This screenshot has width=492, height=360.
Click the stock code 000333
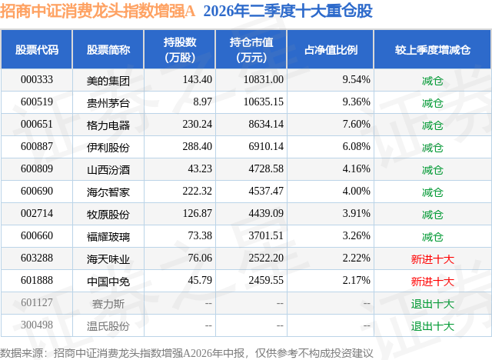pyautogui.click(x=37, y=80)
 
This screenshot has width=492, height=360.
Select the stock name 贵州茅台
pyautogui.click(x=108, y=102)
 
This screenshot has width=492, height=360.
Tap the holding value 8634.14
pyautogui.click(x=266, y=125)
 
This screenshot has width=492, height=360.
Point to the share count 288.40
pyautogui.click(x=198, y=147)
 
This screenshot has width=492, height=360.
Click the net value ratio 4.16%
pyautogui.click(x=356, y=169)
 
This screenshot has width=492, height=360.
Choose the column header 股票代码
pyautogui.click(x=37, y=49)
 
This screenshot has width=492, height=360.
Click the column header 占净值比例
pyautogui.click(x=331, y=49)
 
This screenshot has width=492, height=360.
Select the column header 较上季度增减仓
pyautogui.click(x=433, y=49)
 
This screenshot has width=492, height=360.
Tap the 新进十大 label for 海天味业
pyautogui.click(x=433, y=259)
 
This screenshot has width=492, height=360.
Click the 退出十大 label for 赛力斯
pyautogui.click(x=433, y=304)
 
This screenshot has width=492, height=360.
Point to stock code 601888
pyautogui.click(x=37, y=280)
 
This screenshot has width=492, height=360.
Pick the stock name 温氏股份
pyautogui.click(x=108, y=326)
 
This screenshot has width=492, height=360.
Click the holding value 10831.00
pyautogui.click(x=264, y=80)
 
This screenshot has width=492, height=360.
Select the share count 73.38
pyautogui.click(x=200, y=235)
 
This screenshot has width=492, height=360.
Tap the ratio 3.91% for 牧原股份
pyautogui.click(x=356, y=213)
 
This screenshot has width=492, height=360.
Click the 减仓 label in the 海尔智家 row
pyautogui.click(x=433, y=192)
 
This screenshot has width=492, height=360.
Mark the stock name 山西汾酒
pyautogui.click(x=108, y=170)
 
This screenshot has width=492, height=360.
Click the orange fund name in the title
pyautogui.click(x=98, y=11)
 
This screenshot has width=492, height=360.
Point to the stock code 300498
pyautogui.click(x=37, y=325)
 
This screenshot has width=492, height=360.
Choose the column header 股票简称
pyautogui.click(x=108, y=49)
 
